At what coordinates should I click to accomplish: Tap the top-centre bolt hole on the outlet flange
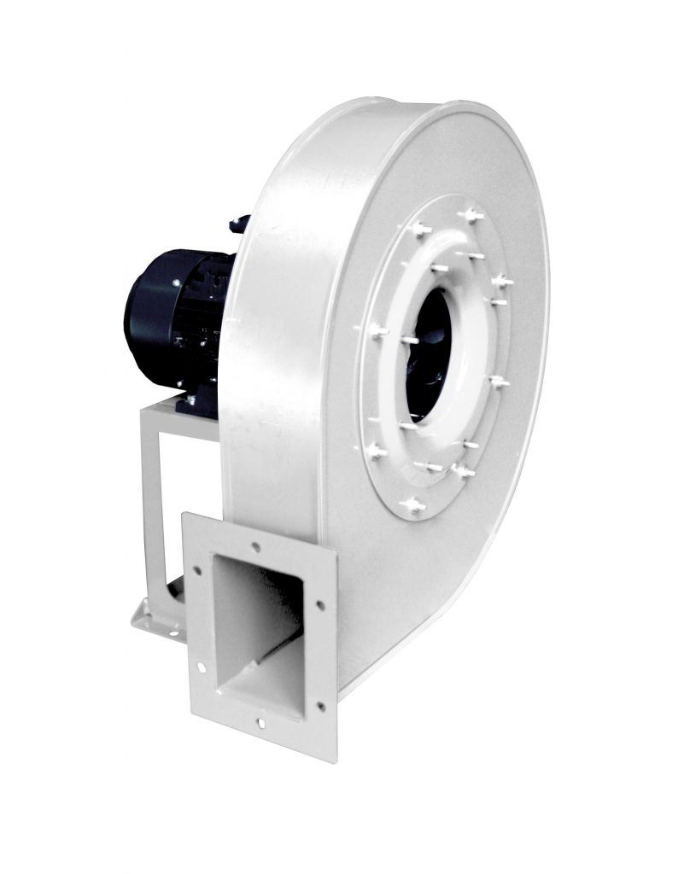coord(256,547)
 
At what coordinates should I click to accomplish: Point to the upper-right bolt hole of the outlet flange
coord(319,605)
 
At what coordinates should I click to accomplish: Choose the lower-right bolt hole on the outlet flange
coord(321,706)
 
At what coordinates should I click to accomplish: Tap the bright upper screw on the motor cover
coord(176,282)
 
